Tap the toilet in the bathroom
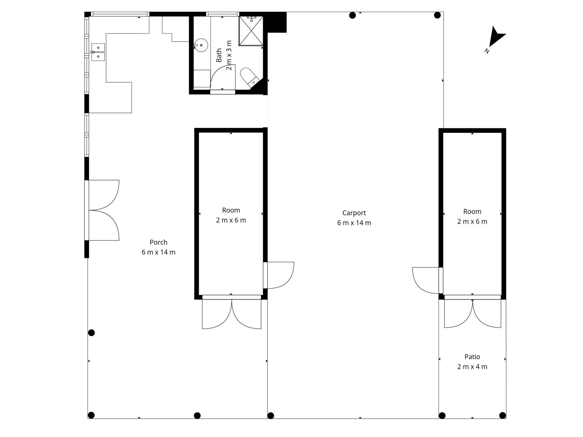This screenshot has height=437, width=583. pos(249,77)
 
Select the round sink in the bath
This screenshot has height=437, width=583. pos(201,45)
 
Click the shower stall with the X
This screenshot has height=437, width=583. pos(251,31)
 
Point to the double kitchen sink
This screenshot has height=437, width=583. pos(98,52)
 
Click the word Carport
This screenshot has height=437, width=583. pos(354,213)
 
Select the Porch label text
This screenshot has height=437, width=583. pos(159,242)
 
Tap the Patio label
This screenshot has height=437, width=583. pos(472,356)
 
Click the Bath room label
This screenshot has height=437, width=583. pos(219,55)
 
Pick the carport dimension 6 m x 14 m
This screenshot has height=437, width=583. pos(354,223)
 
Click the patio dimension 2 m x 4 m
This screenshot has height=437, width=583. pos(472,367)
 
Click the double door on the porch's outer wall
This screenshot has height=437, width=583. pos(104,210)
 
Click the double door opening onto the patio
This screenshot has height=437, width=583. pos(472,313)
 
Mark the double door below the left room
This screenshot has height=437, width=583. pos(232,314)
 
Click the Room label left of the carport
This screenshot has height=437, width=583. pos(231,210)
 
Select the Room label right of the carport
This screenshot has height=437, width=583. pos(472,212)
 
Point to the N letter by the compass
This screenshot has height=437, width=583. pos(487,51)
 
